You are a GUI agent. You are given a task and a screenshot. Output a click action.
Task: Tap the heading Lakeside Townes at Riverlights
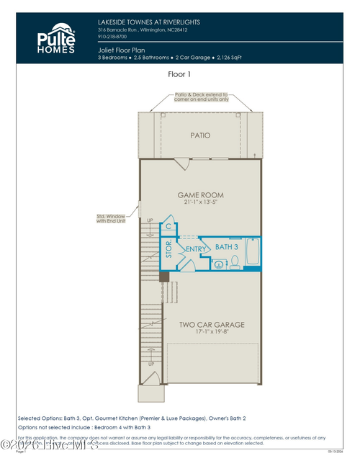[148, 22]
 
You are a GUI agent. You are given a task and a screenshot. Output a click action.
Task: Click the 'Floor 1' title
[179, 73]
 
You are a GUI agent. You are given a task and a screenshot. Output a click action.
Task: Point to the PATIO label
[200, 135]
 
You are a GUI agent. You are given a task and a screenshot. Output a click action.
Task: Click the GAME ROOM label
[201, 194]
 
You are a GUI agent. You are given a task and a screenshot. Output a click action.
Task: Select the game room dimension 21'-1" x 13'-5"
[201, 204]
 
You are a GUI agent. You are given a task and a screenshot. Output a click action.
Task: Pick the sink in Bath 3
[218, 264]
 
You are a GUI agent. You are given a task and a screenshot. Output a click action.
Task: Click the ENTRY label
[196, 249]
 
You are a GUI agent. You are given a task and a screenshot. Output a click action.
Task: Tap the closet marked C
[168, 225]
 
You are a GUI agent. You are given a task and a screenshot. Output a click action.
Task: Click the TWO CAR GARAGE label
[211, 325]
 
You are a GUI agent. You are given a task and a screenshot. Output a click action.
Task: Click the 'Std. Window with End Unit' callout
[112, 218]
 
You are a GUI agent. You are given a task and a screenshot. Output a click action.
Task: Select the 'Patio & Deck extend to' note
[201, 94]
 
